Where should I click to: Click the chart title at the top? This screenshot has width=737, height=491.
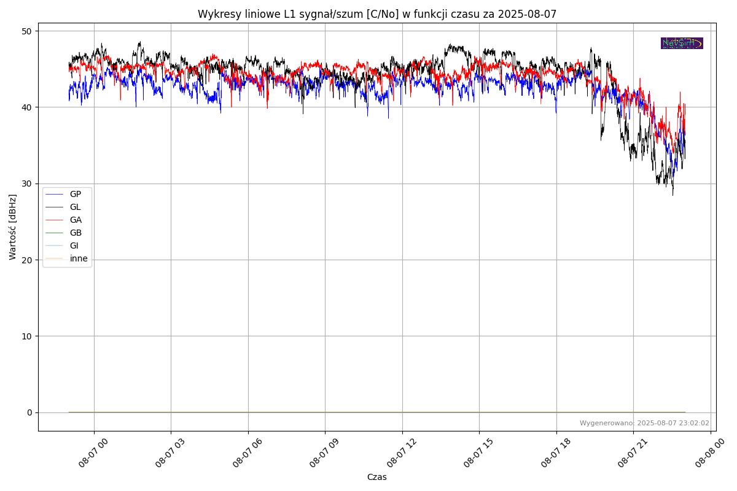pyautogui.click(x=376, y=14)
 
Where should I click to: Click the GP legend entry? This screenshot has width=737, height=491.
pyautogui.click(x=75, y=194)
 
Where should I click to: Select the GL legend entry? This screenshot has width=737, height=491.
pyautogui.click(x=75, y=207)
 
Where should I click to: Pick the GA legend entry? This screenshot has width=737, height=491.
pyautogui.click(x=76, y=220)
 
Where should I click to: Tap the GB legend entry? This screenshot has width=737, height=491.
pyautogui.click(x=76, y=233)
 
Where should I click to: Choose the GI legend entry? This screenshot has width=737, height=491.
pyautogui.click(x=74, y=245)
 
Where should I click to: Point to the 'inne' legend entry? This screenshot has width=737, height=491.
pyautogui.click(x=79, y=258)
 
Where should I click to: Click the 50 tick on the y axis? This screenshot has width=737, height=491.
pyautogui.click(x=27, y=31)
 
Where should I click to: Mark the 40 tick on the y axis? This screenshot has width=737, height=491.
pyautogui.click(x=27, y=107)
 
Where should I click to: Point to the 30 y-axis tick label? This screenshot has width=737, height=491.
pyautogui.click(x=27, y=184)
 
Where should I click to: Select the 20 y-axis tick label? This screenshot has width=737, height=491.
pyautogui.click(x=27, y=260)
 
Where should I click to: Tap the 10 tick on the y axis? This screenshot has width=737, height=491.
pyautogui.click(x=27, y=336)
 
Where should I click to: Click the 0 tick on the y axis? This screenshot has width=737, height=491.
pyautogui.click(x=29, y=412)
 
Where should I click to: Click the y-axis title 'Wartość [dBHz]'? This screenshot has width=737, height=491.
pyautogui.click(x=13, y=227)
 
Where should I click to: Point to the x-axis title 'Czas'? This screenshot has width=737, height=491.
pyautogui.click(x=376, y=477)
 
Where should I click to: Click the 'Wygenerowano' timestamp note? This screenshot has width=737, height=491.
pyautogui.click(x=644, y=423)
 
